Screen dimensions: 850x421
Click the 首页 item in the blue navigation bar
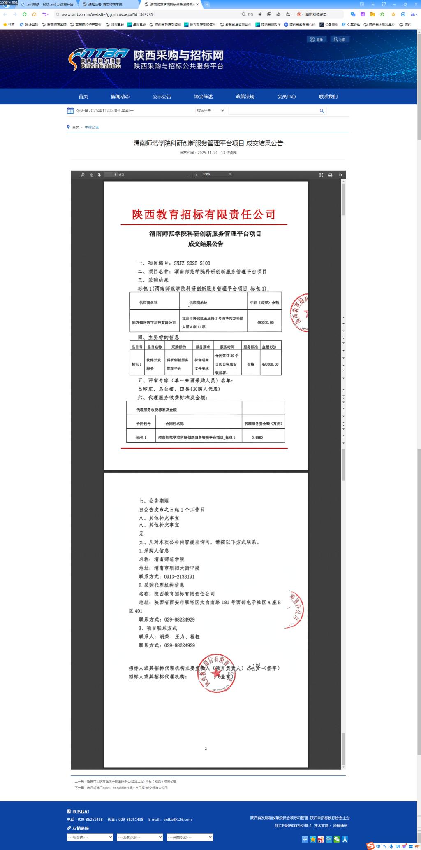pyautogui.click(x=83, y=97)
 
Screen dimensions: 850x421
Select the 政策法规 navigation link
pyautogui.click(x=245, y=97)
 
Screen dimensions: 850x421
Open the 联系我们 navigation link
pyautogui.click(x=328, y=97)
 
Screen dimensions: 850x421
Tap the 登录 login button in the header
pyautogui.click(x=317, y=40)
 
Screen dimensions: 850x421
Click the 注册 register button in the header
pyautogui.click(x=340, y=40)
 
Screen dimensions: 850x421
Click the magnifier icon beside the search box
pyautogui.click(x=322, y=111)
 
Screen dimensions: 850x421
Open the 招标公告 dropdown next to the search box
pyautogui.click(x=210, y=111)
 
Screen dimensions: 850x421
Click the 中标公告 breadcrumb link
pyautogui.click(x=92, y=127)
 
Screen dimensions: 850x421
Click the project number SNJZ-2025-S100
pyautogui.click(x=192, y=263)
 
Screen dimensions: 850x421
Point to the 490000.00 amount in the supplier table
pyautogui.click(x=265, y=323)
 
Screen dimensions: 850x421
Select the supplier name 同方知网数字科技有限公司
pyautogui.click(x=154, y=323)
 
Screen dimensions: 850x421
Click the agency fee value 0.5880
pyautogui.click(x=257, y=438)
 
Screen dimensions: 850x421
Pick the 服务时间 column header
pyautogui.click(x=227, y=347)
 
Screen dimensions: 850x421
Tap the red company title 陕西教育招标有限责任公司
pyautogui.click(x=204, y=214)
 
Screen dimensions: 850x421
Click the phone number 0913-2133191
pyautogui.click(x=179, y=577)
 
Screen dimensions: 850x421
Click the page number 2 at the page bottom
pyautogui.click(x=206, y=748)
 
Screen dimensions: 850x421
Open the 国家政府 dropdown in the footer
pyautogui.click(x=140, y=837)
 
